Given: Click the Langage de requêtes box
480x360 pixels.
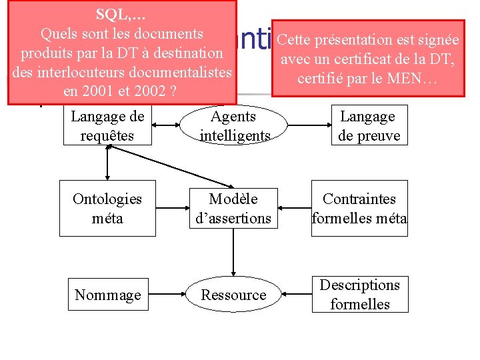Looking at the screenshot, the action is tap(107, 126).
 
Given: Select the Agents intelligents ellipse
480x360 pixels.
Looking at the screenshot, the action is tap(234, 125).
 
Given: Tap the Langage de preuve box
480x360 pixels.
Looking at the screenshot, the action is tap(368, 125).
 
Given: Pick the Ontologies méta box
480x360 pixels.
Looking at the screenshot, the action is tap(107, 208).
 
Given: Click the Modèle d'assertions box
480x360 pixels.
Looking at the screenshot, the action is tap(233, 208).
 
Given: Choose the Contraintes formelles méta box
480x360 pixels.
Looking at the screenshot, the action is tap(359, 208).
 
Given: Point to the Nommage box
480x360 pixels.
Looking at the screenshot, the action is tap(108, 295).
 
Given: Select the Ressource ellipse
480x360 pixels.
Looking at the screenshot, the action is tap(233, 295).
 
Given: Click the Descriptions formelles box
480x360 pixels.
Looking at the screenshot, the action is tap(360, 294).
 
